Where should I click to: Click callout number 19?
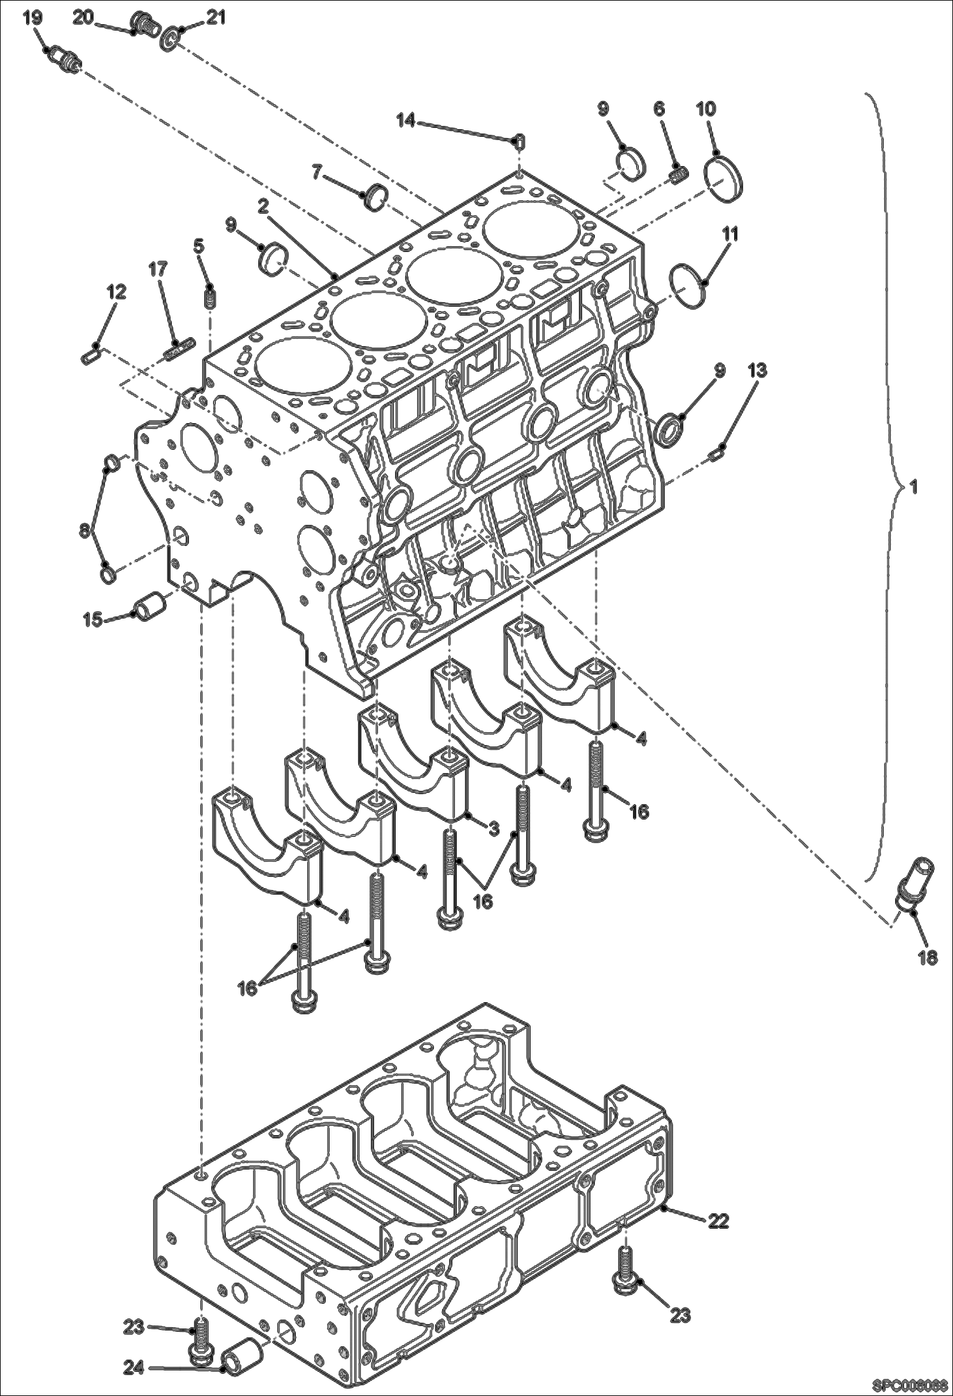[x=32, y=18]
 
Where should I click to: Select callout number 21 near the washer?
[x=216, y=18]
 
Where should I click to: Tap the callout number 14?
[x=406, y=119]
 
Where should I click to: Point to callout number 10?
[x=706, y=109]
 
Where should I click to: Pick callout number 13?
[x=756, y=370]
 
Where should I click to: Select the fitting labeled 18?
[x=914, y=879]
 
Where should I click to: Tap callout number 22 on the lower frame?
[x=718, y=1220]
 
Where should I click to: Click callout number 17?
[x=158, y=270]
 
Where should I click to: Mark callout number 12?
[x=116, y=292]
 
